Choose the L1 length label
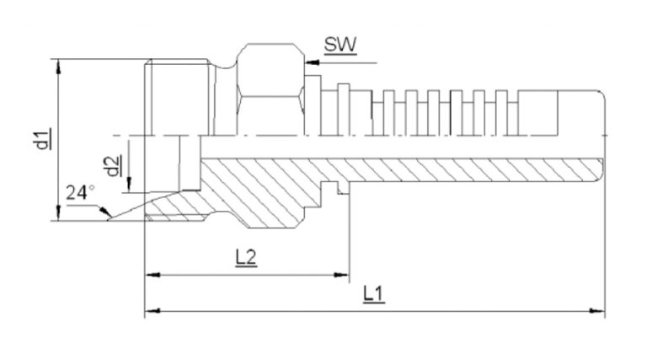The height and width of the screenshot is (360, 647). click(373, 294)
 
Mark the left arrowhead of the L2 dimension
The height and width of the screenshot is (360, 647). click(151, 274)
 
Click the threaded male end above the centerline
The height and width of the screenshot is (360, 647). click(173, 97)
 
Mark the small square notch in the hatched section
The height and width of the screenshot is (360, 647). click(341, 191)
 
